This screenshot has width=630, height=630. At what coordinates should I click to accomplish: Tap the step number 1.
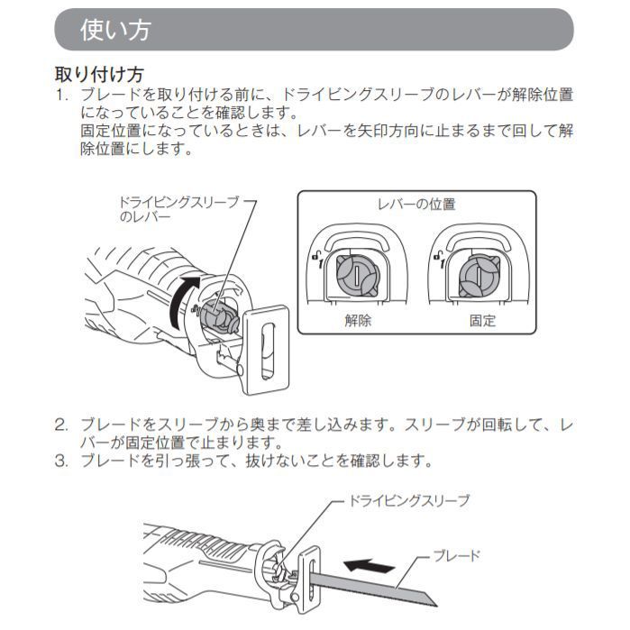coord(62,95)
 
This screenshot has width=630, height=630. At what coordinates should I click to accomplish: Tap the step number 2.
coord(62,424)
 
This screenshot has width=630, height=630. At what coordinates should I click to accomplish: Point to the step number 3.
coord(62,461)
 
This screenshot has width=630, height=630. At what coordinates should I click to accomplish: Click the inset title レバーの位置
coord(415,204)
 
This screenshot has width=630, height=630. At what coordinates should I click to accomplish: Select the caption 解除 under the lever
coord(358,320)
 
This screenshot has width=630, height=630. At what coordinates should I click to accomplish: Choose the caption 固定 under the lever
coord(482,320)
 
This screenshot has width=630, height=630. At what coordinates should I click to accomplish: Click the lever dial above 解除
coord(357,273)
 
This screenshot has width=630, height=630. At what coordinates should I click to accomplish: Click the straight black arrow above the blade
coord(370,566)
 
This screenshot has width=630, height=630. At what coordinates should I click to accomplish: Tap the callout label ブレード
coord(457,556)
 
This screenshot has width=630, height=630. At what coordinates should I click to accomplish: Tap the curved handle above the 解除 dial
coord(359,236)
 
